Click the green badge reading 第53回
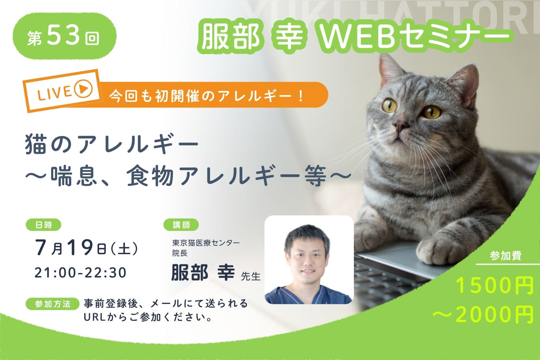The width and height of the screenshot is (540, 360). point(64,36)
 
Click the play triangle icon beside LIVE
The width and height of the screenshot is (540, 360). point(84,89)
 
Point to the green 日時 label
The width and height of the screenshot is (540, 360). point(44,225)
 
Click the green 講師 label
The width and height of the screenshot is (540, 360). point(181,225)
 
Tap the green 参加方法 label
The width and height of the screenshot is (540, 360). point(53,304)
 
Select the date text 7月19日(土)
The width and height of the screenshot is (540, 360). point(86,248)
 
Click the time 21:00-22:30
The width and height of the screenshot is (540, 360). point(81,273)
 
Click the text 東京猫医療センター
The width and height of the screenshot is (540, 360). point(206,242)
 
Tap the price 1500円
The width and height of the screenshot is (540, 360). point(495,286)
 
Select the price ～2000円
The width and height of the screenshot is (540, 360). point(483,314)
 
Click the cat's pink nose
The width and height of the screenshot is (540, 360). point(400,125)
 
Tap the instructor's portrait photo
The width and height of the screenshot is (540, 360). point(309,260)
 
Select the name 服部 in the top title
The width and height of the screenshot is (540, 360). point(231,36)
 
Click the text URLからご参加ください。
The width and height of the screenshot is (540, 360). point(148,318)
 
